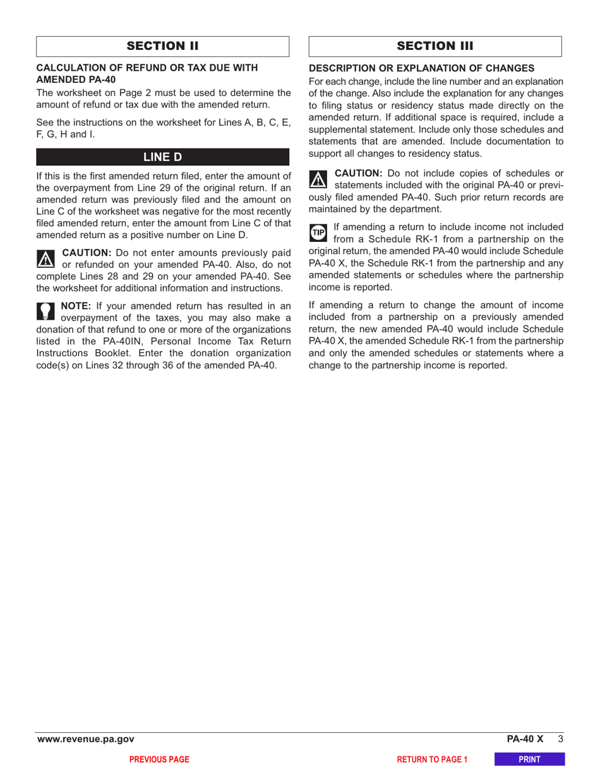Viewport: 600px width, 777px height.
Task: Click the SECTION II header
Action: tap(162, 46)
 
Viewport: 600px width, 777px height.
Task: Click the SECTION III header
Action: tap(435, 46)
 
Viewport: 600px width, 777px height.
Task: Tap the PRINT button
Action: tap(529, 759)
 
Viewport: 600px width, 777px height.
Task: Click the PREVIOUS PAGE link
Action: tap(159, 759)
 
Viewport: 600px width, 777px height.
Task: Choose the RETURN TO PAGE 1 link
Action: tap(432, 759)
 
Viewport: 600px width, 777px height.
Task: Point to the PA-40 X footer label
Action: tap(524, 738)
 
